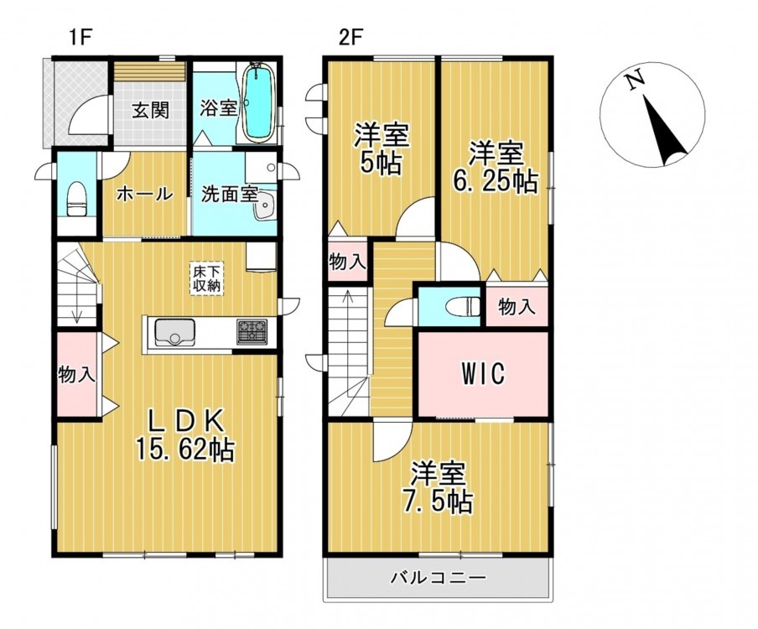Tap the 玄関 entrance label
[x=151, y=110]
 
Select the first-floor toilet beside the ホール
[x=76, y=199]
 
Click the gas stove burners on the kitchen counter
[x=252, y=332]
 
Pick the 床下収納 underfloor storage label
[x=207, y=279]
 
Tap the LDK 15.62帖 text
[x=185, y=436]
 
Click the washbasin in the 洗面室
[x=264, y=205]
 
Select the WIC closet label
[x=483, y=373]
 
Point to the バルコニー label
[x=438, y=577]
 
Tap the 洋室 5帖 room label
[x=382, y=149]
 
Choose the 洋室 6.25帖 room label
[x=495, y=167]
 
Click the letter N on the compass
[x=635, y=80]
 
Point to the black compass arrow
[x=665, y=131]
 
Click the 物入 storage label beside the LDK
[x=76, y=374]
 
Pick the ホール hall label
[x=144, y=194]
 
